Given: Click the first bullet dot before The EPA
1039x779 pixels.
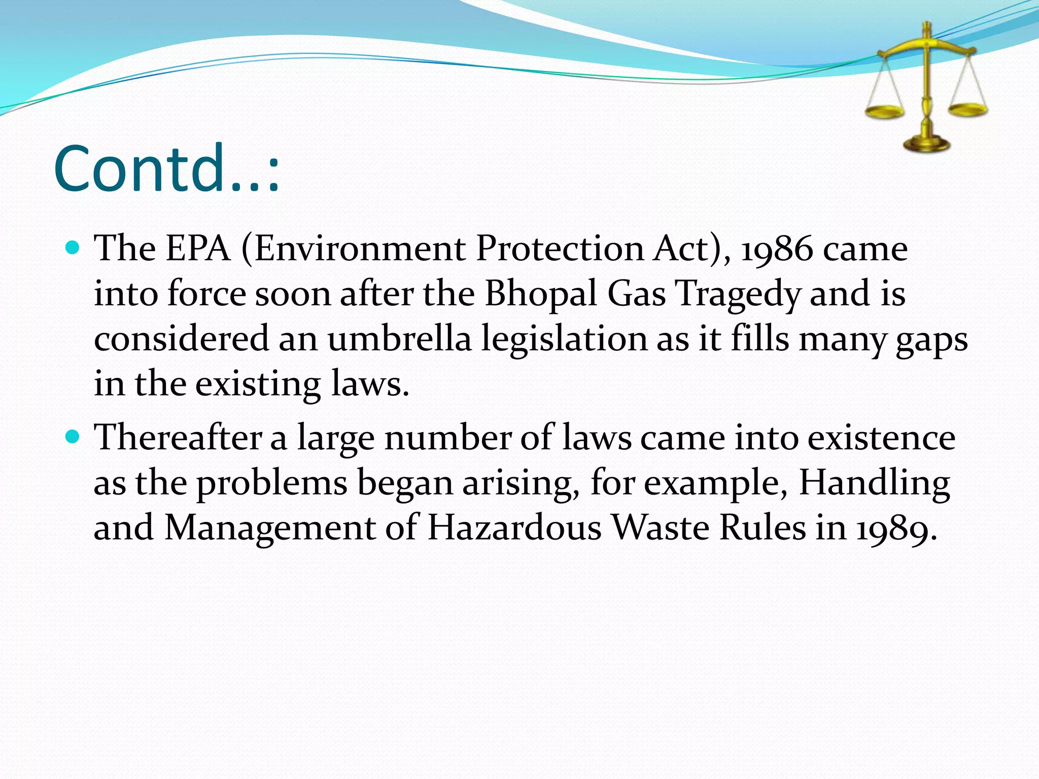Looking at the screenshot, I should point(74,248).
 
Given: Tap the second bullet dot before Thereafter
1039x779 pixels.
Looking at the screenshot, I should point(74,437).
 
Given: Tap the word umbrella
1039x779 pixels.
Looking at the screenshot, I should point(400,339).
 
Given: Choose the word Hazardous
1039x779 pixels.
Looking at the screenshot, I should point(514,527).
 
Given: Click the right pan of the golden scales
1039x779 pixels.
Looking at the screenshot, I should point(967,109).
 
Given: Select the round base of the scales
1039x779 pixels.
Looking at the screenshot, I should point(926,145).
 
